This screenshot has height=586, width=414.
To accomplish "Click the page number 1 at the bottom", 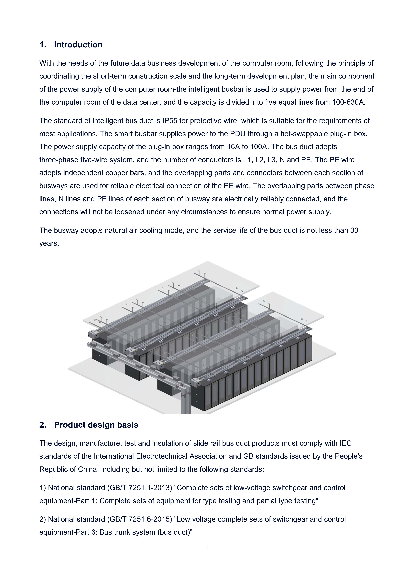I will coord(207,547).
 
